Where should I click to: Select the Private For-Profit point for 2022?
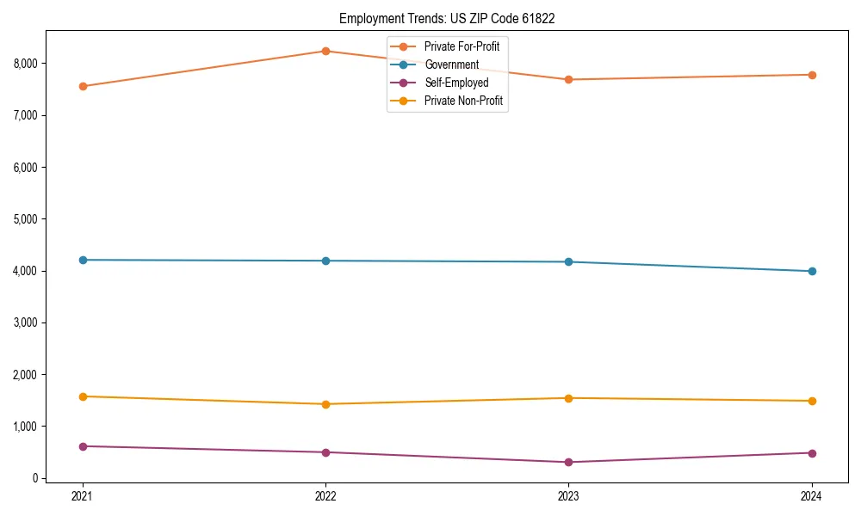[x=325, y=51]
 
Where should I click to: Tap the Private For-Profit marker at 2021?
[x=83, y=86]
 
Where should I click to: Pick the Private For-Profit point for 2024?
[x=812, y=75]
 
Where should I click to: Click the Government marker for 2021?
[x=83, y=260]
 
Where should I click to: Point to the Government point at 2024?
[x=812, y=271]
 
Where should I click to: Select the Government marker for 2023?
[x=569, y=261]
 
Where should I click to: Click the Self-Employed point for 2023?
[x=569, y=462]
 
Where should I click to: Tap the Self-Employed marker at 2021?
[x=83, y=446]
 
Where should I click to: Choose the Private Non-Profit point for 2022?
[x=325, y=404]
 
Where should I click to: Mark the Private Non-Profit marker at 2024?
[x=812, y=401]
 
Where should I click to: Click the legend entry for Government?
[x=451, y=64]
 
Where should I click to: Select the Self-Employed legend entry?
[x=455, y=83]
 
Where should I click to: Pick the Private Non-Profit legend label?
[x=462, y=101]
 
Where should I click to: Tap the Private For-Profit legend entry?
[x=461, y=46]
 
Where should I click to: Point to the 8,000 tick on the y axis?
[x=25, y=64]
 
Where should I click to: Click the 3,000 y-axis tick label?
[x=25, y=322]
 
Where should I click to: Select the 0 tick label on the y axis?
[x=34, y=478]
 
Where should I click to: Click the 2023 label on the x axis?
[x=569, y=496]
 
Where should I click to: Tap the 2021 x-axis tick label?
[x=83, y=496]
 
